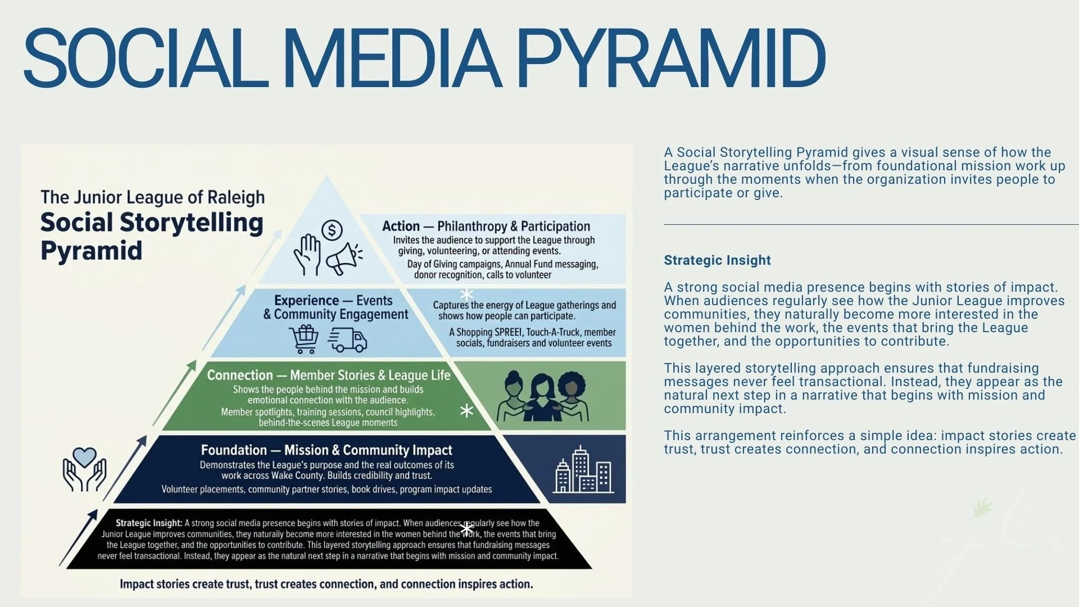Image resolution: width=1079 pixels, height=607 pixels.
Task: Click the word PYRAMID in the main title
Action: click(x=670, y=59)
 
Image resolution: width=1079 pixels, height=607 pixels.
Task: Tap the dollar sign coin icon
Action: click(x=332, y=230)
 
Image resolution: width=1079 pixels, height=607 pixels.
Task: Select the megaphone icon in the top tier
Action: click(x=344, y=259)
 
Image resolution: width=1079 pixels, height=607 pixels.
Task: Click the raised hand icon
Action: click(x=307, y=255)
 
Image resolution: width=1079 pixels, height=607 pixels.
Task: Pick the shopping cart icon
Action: click(x=304, y=339)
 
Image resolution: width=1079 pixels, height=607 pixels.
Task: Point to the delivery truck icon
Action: click(x=348, y=339)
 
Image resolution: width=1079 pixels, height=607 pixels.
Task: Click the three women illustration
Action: click(x=543, y=396)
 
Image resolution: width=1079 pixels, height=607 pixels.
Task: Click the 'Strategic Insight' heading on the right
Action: click(x=717, y=260)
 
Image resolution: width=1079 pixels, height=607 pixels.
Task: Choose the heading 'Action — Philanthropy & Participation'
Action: click(x=486, y=226)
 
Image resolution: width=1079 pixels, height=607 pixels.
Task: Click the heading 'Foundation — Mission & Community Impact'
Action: click(x=327, y=450)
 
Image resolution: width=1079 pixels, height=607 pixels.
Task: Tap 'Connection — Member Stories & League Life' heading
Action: click(x=329, y=375)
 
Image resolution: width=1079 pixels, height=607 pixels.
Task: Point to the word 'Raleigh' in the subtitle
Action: click(x=236, y=197)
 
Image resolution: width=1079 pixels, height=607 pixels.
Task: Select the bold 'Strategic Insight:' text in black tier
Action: click(x=149, y=523)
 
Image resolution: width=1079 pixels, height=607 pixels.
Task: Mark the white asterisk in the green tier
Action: click(x=466, y=411)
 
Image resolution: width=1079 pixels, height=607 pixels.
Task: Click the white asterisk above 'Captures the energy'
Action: click(x=466, y=294)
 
